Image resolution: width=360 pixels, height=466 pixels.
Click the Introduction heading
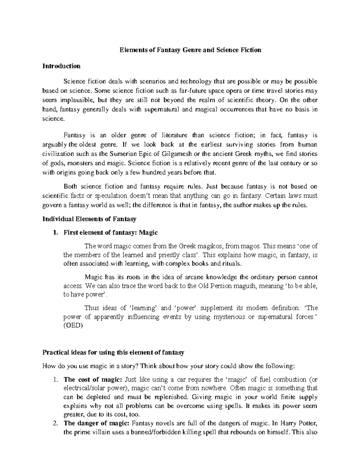pos(61,66)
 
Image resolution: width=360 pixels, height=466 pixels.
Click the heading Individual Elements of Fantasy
pos(89,219)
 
